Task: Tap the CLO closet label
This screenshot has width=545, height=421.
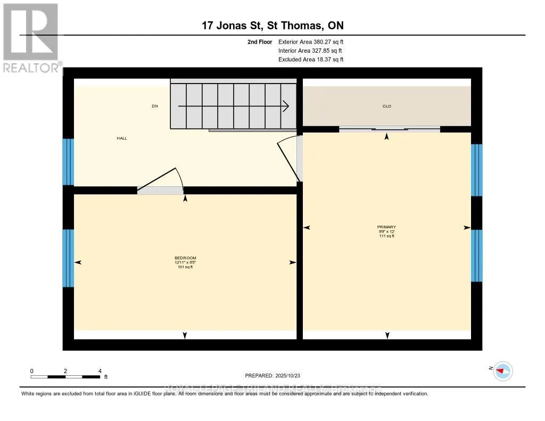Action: tap(387, 106)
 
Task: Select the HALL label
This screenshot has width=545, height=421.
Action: tap(122, 138)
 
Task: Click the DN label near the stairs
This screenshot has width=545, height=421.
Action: tap(155, 106)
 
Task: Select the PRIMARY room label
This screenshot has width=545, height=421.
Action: tap(387, 227)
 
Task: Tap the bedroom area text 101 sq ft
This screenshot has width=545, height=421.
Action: tap(185, 267)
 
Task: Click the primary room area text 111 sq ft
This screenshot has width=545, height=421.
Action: tap(387, 236)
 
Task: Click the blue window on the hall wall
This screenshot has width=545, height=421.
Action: tap(68, 161)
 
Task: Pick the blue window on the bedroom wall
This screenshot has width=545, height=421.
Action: tap(68, 258)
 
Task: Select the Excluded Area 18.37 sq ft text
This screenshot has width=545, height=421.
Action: tap(311, 60)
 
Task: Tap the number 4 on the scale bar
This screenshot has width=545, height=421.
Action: tap(100, 370)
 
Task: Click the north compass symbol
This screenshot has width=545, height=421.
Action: tap(502, 370)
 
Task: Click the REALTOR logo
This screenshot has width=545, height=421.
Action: tap(30, 37)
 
